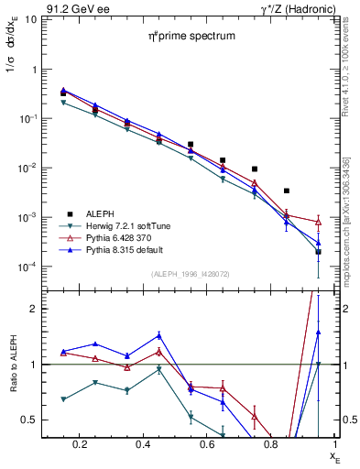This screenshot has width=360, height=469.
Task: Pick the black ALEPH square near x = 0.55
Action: point(191,145)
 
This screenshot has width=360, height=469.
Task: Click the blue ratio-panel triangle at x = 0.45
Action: point(158,334)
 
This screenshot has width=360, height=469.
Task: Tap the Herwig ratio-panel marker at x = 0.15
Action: point(63,399)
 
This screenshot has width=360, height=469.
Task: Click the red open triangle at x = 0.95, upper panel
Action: point(318,222)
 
